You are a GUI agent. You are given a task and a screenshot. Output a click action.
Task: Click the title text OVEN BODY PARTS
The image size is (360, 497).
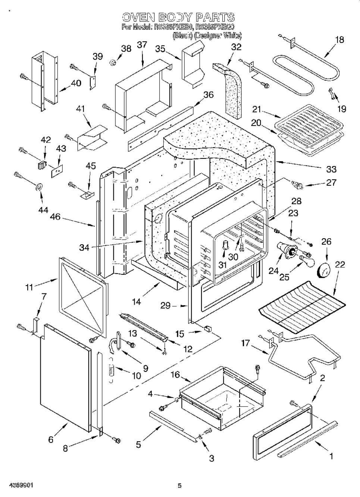(x=178, y=17)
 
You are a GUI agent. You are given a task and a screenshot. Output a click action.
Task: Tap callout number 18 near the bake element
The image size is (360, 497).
(x=339, y=40)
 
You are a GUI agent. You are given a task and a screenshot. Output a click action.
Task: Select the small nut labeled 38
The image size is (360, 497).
(x=112, y=62)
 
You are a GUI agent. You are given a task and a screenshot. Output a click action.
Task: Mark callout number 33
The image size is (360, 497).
(x=331, y=169)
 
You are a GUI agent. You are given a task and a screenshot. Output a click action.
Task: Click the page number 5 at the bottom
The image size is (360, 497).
(x=179, y=485)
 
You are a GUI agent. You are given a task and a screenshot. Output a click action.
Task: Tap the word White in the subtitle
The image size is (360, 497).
(x=232, y=35)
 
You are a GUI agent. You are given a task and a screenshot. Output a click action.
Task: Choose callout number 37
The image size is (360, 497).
(x=142, y=45)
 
